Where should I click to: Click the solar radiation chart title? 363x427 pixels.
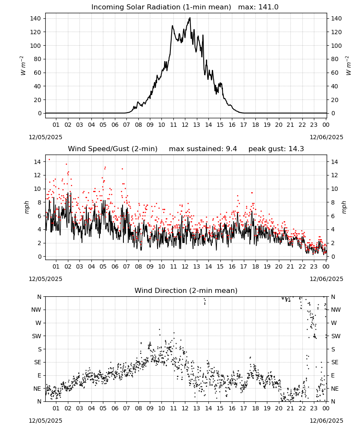tap(161, 7)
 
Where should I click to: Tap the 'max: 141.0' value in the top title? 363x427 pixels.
tap(258, 7)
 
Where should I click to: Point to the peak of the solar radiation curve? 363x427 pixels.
tap(190, 18)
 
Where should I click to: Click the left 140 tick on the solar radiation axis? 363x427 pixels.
tap(35, 18)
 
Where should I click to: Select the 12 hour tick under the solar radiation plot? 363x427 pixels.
tap(185, 125)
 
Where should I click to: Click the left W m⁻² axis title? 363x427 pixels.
tap(23, 66)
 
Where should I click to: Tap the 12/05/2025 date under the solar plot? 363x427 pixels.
tap(45, 137)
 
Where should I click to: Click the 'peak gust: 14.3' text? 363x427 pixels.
tap(276, 149)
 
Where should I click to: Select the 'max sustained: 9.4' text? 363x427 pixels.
tap(203, 149)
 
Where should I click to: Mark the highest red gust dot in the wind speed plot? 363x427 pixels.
tap(49, 160)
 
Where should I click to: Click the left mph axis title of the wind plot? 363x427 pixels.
tap(26, 207)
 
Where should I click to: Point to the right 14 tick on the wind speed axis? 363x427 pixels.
tap(334, 162)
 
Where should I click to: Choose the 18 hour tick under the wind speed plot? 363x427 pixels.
tap(255, 266)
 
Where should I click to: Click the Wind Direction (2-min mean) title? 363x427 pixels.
tap(186, 290)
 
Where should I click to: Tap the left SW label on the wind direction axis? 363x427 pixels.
tap(37, 336)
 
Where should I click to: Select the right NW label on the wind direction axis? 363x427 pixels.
tap(336, 310)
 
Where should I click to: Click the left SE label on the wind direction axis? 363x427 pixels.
tap(38, 362)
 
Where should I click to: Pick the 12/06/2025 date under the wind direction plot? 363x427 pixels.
tap(326, 421)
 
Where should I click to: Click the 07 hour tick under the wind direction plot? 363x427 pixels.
tap(126, 408)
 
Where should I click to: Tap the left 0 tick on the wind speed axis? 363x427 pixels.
tap(40, 257)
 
